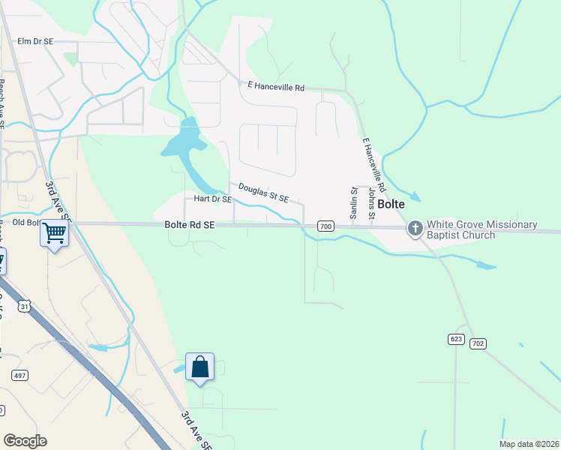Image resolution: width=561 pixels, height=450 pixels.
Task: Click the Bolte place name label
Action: (391, 204)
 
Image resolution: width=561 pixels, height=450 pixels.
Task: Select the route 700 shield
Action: (325, 226)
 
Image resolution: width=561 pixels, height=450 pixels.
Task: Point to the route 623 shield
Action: (457, 340)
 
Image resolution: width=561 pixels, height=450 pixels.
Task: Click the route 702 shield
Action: (479, 343)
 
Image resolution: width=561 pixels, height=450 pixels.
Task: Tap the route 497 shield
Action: (19, 374)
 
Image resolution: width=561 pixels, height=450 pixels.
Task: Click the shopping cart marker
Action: (54, 233)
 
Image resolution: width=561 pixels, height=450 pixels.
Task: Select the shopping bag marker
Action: (199, 367)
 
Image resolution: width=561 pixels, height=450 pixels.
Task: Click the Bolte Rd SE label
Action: (190, 225)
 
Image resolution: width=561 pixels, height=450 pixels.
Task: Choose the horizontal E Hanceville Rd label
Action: (275, 87)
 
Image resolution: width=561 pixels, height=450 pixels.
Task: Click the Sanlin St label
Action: (354, 204)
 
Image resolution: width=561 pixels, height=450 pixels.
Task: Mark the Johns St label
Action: (371, 204)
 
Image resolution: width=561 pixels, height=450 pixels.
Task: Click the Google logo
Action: (25, 440)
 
